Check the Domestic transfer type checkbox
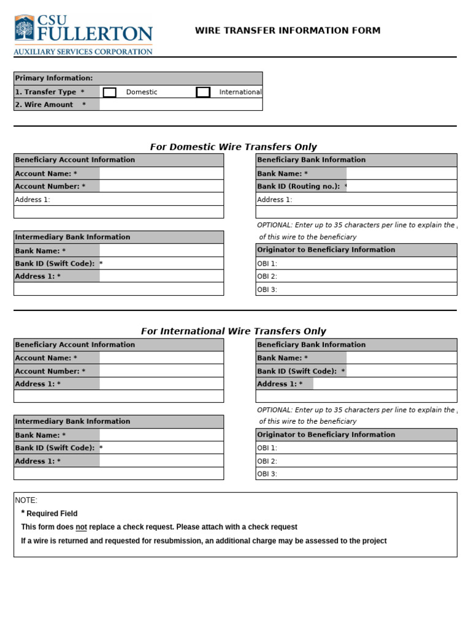(110, 92)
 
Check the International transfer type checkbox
(203, 92)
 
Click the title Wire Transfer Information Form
(288, 31)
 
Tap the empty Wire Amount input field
(180, 105)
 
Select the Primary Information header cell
(54, 78)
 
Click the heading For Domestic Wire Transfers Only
(234, 147)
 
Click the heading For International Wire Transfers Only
(234, 331)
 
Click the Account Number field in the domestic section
(161, 186)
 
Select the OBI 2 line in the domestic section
(356, 277)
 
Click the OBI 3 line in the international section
(356, 474)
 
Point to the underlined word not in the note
(81, 527)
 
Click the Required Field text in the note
(52, 514)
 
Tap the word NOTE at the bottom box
(26, 500)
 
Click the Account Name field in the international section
(161, 358)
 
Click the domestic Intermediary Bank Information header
(72, 237)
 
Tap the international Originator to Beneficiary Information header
(326, 435)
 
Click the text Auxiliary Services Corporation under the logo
(83, 52)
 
